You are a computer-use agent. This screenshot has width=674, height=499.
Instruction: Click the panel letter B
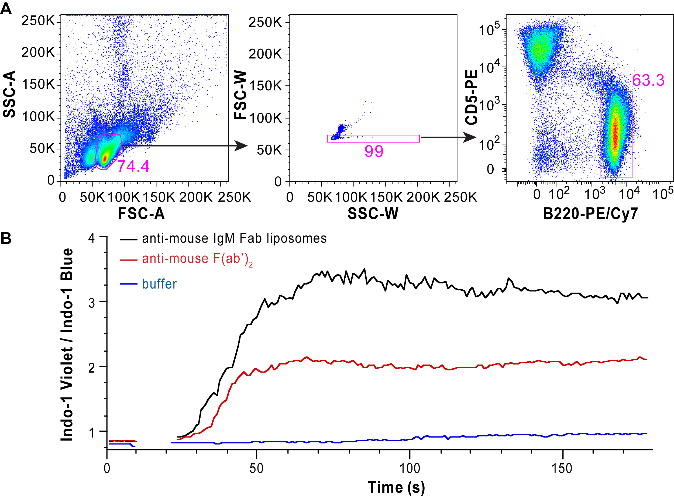click(x=6, y=238)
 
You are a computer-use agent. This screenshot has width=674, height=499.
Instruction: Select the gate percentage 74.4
click(x=133, y=167)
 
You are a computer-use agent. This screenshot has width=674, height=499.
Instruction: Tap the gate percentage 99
click(x=374, y=151)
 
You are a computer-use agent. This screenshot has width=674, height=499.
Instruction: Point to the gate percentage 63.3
click(x=648, y=80)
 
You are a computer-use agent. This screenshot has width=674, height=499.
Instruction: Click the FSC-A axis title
click(x=141, y=214)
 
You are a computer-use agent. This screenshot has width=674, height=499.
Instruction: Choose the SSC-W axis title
click(x=373, y=214)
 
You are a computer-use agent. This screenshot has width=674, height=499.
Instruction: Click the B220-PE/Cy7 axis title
click(x=590, y=214)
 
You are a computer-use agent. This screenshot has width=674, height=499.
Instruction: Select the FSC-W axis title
click(x=241, y=95)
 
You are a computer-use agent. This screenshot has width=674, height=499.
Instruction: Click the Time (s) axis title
click(x=396, y=487)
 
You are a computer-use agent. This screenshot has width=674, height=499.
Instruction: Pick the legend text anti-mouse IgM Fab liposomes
click(x=234, y=239)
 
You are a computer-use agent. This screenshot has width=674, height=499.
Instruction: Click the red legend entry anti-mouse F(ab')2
click(x=197, y=259)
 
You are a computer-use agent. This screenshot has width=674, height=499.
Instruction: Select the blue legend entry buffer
click(x=159, y=284)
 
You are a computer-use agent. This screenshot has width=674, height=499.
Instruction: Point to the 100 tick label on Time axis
click(x=410, y=469)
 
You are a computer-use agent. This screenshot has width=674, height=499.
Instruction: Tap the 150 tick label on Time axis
click(x=562, y=469)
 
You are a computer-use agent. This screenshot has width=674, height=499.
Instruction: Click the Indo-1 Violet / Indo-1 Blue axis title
click(x=67, y=344)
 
